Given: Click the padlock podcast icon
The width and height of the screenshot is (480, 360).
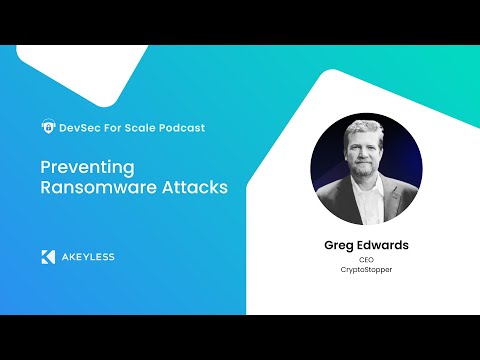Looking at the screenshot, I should [x=47, y=127].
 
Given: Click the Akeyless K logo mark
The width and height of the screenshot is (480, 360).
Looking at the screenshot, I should [x=48, y=256].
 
